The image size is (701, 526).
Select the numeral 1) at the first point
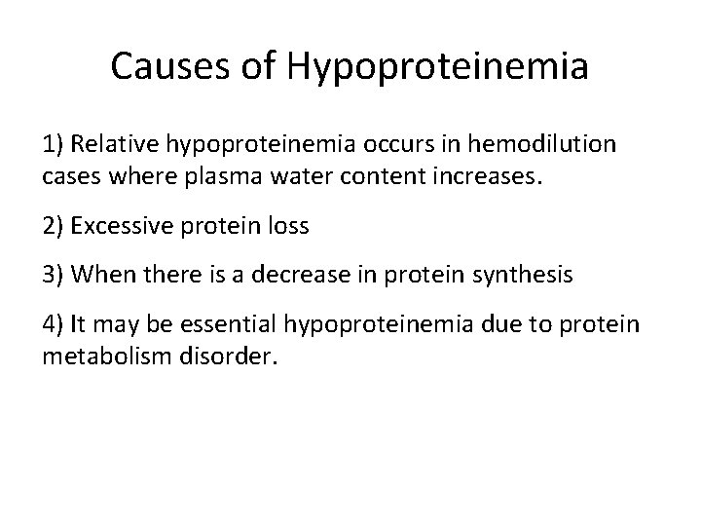pos(53,145)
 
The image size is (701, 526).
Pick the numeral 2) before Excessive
pos(53,228)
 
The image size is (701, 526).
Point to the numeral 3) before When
pos(53,277)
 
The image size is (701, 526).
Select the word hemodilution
pos(543,145)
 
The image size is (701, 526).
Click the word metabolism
pos(107,358)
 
